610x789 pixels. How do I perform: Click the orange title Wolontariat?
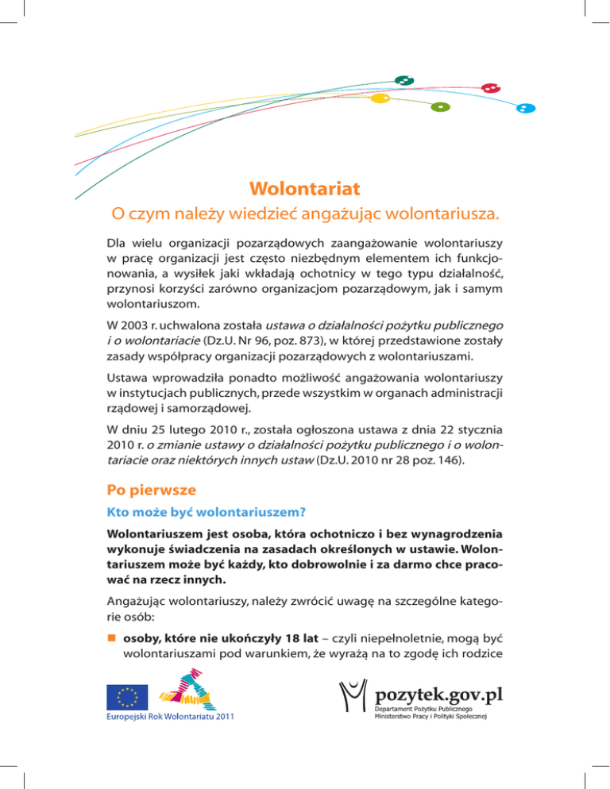tap(304, 189)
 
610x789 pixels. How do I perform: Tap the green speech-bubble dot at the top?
tap(404, 80)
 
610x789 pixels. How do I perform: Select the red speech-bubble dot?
tap(491, 88)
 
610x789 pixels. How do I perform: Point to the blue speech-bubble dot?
tap(523, 108)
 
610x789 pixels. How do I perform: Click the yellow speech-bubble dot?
tap(380, 98)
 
